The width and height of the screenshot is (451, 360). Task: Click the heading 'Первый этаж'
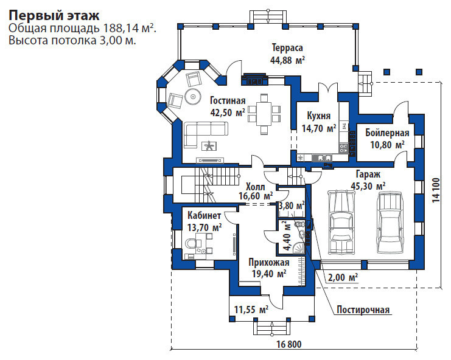point(54,16)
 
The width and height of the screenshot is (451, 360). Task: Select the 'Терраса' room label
point(287,47)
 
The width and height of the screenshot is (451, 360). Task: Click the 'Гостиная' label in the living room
point(228,100)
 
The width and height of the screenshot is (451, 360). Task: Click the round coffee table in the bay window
point(193,97)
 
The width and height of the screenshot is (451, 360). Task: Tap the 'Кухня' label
point(319,116)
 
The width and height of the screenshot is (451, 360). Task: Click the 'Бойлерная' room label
point(387,133)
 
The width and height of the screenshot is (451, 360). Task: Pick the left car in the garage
point(341,222)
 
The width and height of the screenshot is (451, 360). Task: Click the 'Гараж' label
point(368,174)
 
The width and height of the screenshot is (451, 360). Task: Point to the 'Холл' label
point(256,187)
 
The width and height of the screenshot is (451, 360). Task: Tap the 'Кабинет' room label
point(205,215)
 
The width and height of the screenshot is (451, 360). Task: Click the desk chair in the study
point(191,244)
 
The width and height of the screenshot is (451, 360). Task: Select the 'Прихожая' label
point(269,263)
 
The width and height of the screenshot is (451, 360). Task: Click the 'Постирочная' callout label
point(363,310)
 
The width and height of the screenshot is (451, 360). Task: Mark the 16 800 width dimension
point(289,344)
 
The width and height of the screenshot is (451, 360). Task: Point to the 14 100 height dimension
point(436,190)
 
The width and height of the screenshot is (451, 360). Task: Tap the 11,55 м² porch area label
point(251,310)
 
